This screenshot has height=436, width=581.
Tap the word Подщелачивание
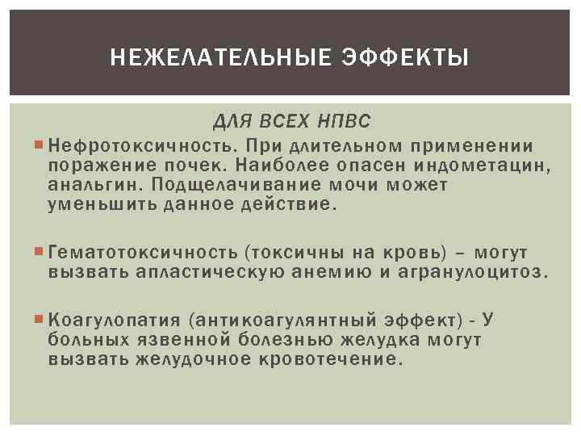(235, 185)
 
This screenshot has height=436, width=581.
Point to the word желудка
(387, 339)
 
